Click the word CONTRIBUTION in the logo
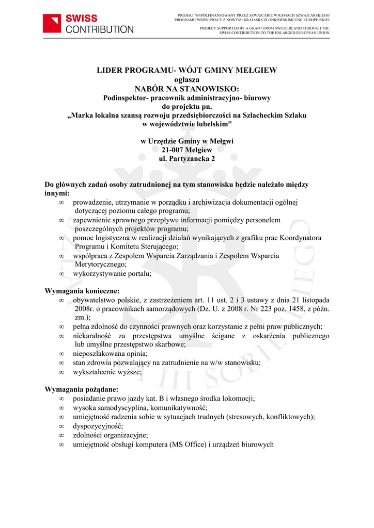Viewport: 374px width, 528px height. point(100,29)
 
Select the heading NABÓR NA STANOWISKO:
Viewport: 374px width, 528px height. point(186,89)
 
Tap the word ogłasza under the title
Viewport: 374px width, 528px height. point(186,79)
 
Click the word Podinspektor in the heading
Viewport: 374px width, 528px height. point(126,97)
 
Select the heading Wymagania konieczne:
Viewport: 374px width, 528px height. point(82,291)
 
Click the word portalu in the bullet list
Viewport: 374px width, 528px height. point(139,273)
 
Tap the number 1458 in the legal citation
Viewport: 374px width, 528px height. point(298,309)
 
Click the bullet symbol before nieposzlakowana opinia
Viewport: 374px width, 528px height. point(61,354)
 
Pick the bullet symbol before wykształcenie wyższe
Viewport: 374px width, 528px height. point(61,371)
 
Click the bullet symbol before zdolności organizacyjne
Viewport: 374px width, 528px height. point(61,435)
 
